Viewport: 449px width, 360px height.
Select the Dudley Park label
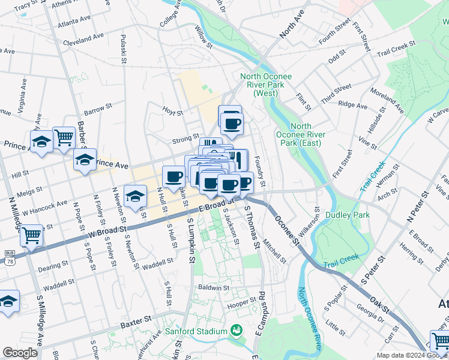[x=346, y=214]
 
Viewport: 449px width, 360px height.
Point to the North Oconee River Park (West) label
[x=259, y=85]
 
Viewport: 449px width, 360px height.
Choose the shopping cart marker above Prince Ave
[x=63, y=137]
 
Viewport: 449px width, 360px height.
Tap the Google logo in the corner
[x=20, y=353]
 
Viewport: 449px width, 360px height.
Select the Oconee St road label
[x=288, y=231]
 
